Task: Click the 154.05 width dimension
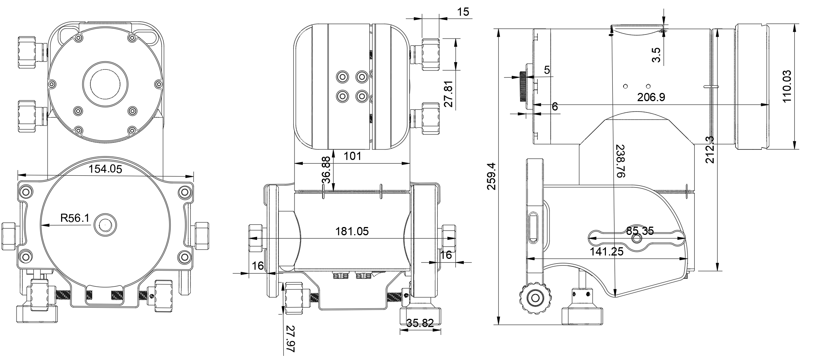click(105, 169)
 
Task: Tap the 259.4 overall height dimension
click(491, 176)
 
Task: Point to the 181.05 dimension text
click(351, 232)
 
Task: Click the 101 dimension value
click(352, 156)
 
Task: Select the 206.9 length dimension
click(651, 97)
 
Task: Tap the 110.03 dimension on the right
click(787, 86)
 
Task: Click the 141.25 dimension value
click(607, 252)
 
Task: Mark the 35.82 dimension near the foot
click(420, 323)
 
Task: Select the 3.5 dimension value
click(656, 55)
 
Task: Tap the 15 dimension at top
click(463, 12)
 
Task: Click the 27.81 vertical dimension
click(449, 94)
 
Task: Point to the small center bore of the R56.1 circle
click(105, 225)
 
